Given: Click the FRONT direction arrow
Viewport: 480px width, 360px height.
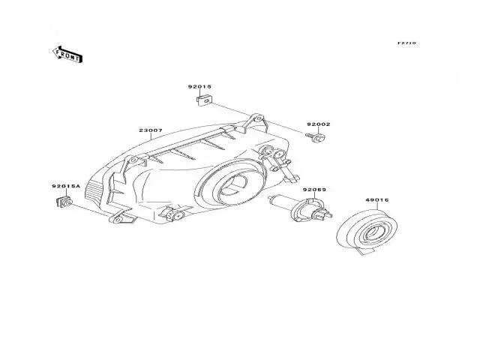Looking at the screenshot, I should [x=67, y=53].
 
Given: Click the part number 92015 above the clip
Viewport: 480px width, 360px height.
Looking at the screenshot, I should [x=199, y=87].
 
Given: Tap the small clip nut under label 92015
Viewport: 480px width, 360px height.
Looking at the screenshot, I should [x=199, y=100].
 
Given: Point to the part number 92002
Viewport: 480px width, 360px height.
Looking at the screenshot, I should [x=317, y=124].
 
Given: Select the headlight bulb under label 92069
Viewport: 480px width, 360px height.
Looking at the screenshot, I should [x=298, y=207].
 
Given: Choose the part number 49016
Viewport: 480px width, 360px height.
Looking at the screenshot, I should [x=376, y=200].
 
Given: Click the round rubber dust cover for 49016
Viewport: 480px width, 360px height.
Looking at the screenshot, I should [x=367, y=232].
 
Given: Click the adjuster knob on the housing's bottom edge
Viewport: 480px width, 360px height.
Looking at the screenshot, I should [x=175, y=214].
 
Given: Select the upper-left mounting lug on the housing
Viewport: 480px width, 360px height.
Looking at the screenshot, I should [x=135, y=159].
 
